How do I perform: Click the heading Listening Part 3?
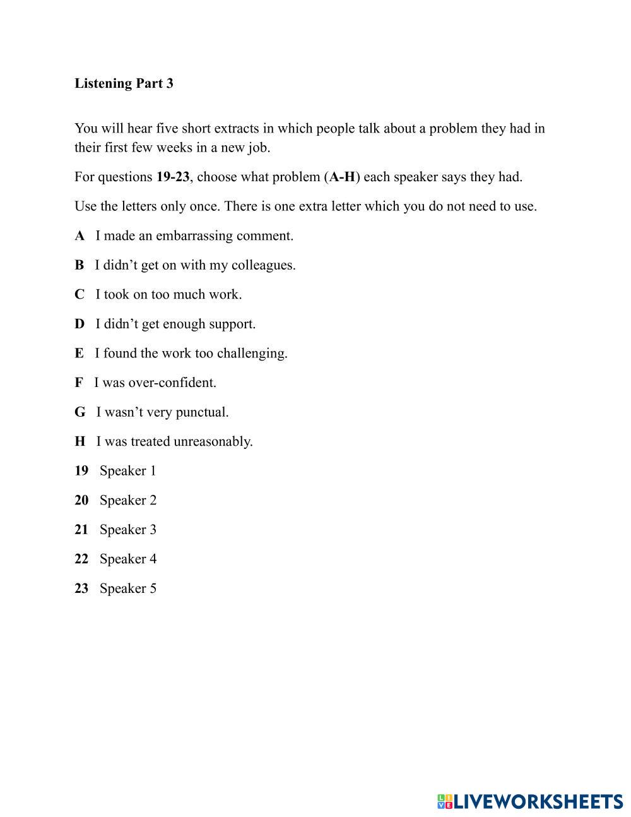(x=124, y=83)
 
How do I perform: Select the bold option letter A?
(x=80, y=236)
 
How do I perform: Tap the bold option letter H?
(x=80, y=442)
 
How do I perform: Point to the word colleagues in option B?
(x=262, y=265)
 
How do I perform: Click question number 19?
(x=81, y=471)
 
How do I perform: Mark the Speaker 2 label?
(x=128, y=501)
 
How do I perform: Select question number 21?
(x=81, y=530)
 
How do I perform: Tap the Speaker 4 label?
(x=128, y=559)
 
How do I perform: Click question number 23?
(x=81, y=588)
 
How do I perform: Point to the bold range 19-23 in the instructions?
(x=173, y=177)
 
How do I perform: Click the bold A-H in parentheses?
(x=342, y=177)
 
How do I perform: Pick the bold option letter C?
(x=80, y=295)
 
